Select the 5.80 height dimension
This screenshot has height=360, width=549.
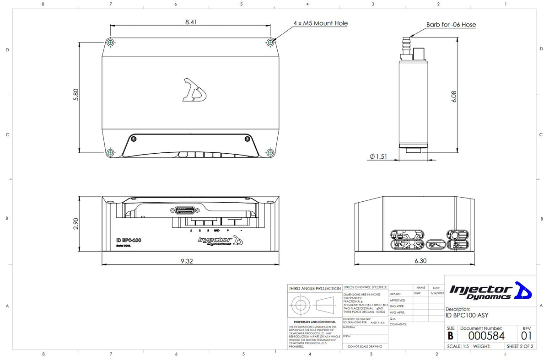(76, 95)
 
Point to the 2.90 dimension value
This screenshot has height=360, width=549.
(76, 224)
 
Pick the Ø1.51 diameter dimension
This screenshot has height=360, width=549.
(378, 156)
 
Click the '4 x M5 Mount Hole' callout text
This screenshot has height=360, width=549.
(320, 23)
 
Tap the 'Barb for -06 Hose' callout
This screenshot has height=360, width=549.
(451, 25)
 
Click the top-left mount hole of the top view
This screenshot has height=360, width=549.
(110, 43)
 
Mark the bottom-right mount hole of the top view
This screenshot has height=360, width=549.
(270, 152)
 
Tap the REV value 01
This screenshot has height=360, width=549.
(526, 336)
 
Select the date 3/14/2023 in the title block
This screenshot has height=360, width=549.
(437, 293)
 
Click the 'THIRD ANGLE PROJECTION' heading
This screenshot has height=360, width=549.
(315, 289)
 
